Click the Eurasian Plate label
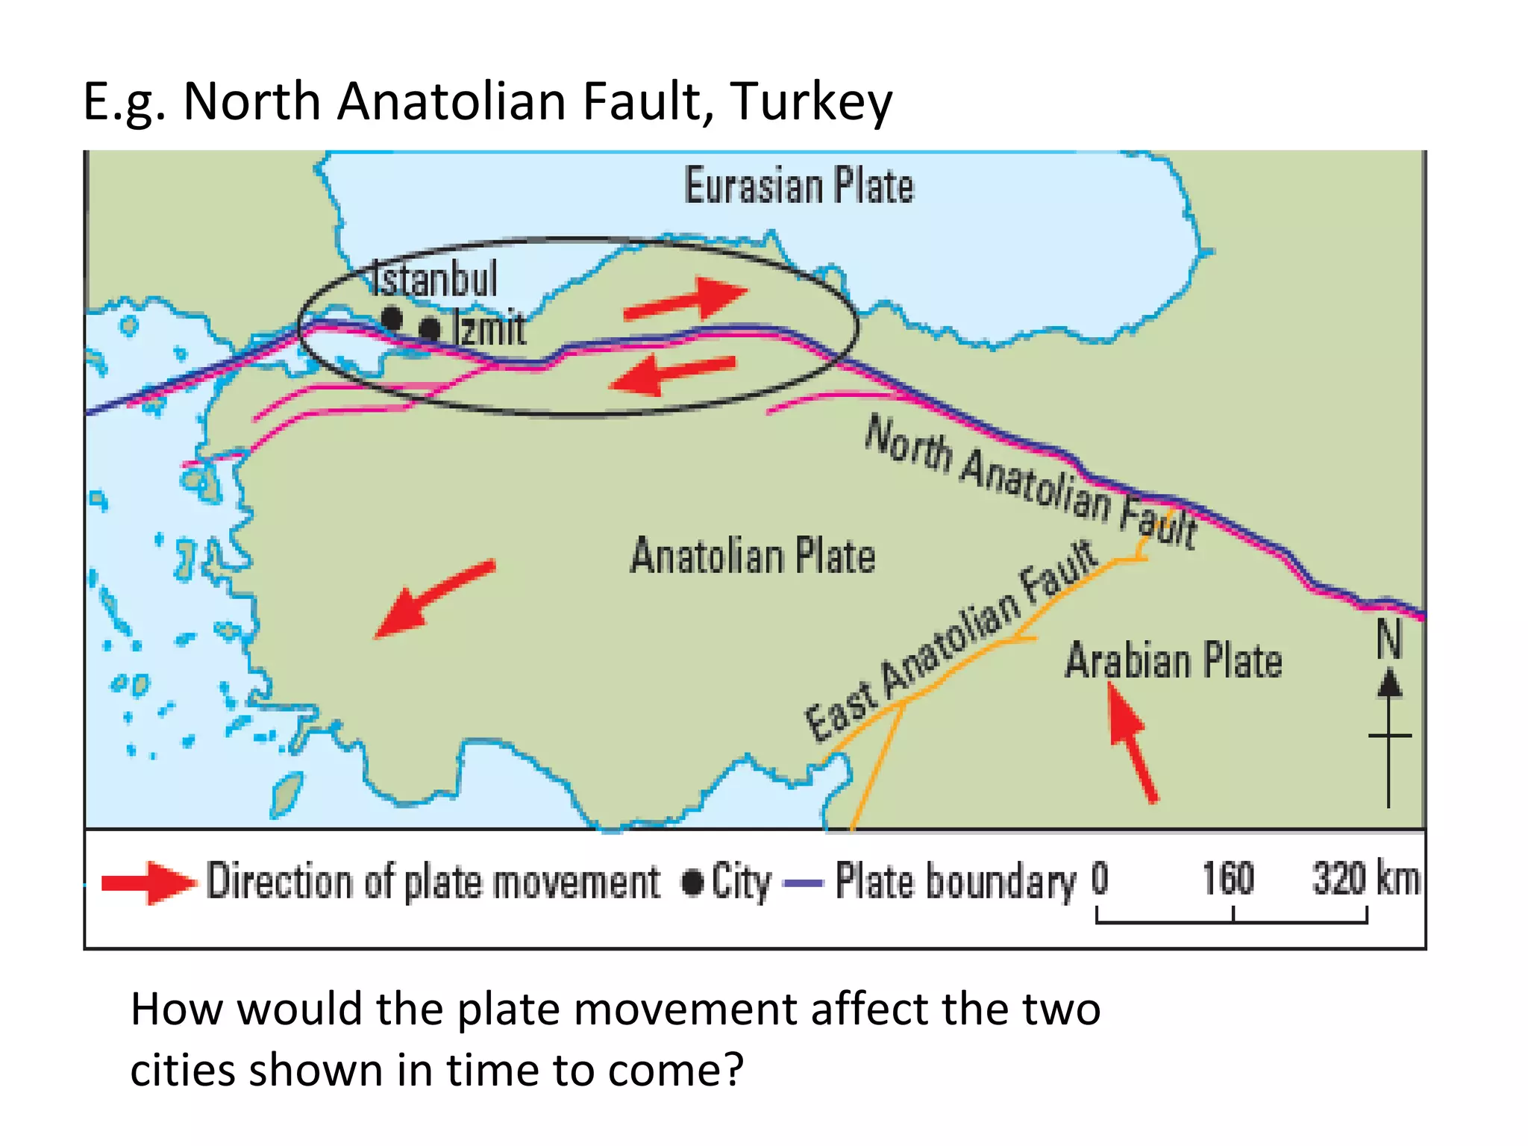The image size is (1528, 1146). point(798,186)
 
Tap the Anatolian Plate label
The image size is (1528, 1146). point(752,556)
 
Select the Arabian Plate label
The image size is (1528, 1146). point(1173,661)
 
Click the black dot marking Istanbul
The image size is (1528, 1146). point(391,319)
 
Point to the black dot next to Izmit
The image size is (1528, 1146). point(430,328)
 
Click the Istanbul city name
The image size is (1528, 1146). point(434,280)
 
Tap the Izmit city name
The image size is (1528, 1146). point(489,328)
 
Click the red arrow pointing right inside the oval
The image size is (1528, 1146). point(686,300)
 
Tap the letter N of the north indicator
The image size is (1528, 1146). point(1388,639)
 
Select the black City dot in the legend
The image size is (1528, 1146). point(692,883)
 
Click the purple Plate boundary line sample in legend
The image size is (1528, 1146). point(803,883)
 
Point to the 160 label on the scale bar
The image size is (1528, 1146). point(1227,878)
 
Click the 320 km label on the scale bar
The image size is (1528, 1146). point(1365,878)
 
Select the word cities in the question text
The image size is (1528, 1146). point(182,1070)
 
